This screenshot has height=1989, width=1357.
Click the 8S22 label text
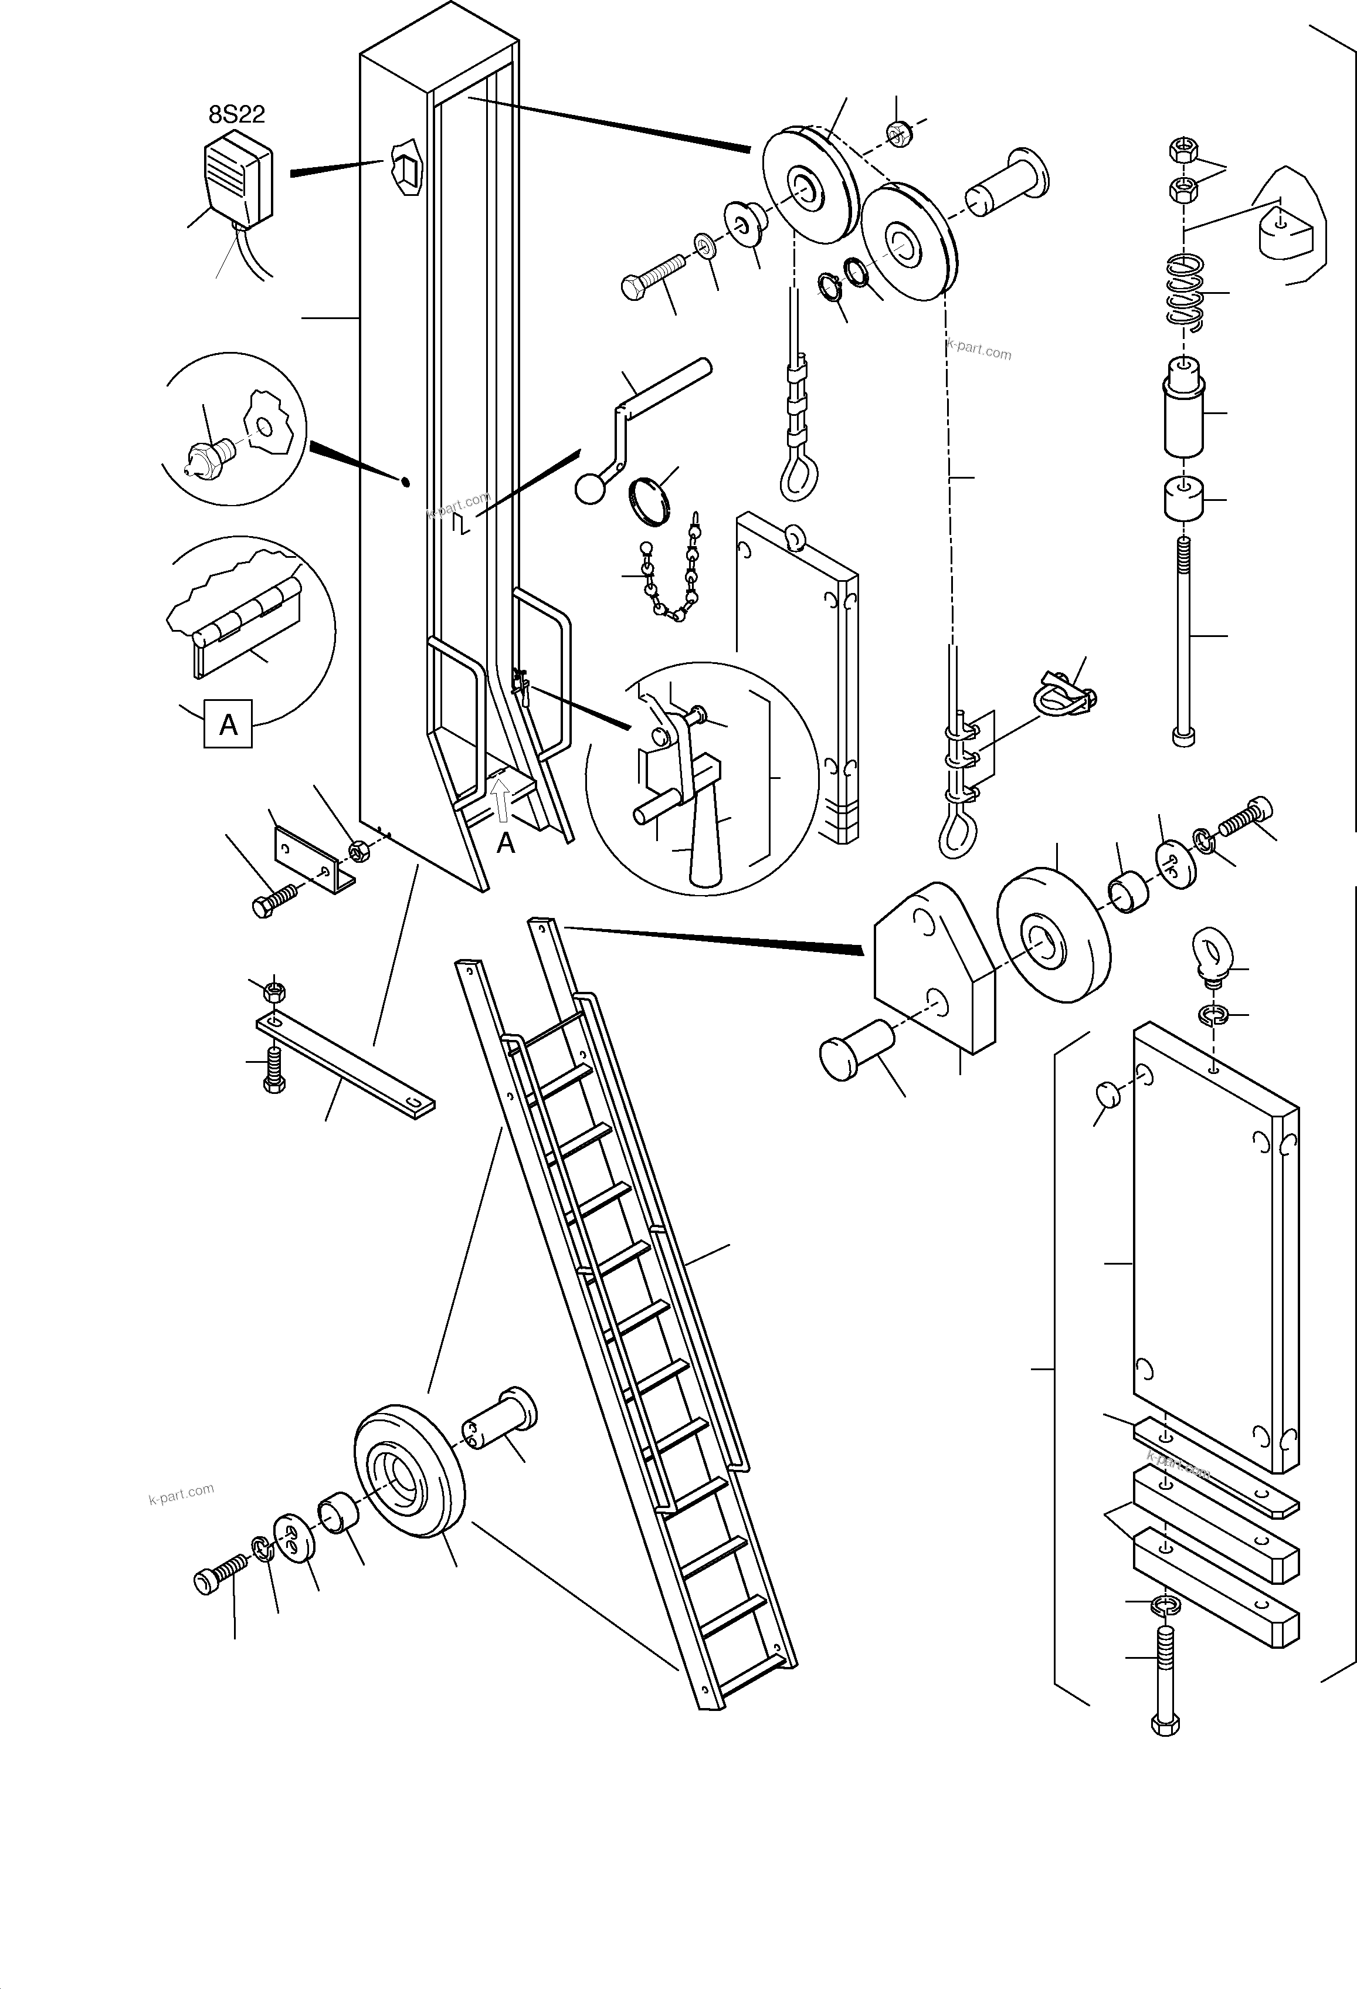236,115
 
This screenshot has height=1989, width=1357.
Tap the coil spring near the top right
1186,291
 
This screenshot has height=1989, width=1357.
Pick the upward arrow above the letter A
502,805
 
